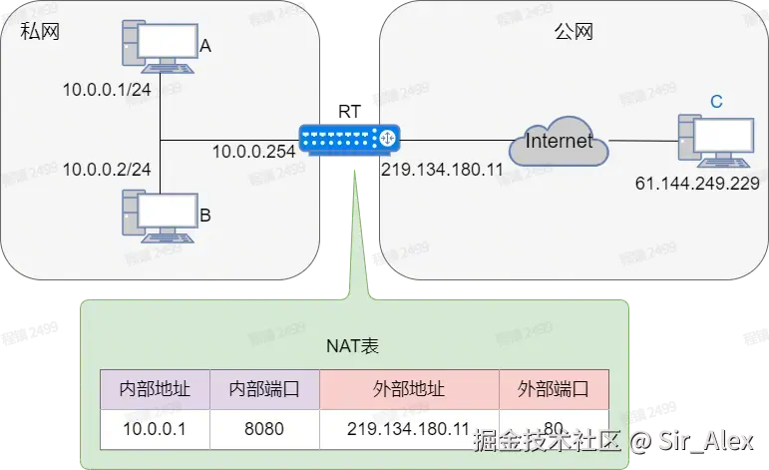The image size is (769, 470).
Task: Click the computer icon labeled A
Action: [160, 46]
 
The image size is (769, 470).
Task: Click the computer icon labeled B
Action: [160, 213]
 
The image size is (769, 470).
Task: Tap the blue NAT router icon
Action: [349, 140]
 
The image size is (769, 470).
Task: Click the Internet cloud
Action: [559, 143]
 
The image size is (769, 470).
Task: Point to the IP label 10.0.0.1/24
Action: [106, 90]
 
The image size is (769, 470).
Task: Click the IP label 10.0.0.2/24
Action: [106, 169]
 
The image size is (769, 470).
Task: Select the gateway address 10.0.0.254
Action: [253, 152]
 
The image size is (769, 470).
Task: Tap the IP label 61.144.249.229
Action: [697, 184]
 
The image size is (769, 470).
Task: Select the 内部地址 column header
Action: [155, 388]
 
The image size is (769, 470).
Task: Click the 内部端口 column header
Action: [264, 388]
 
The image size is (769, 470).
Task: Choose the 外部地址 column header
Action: [408, 388]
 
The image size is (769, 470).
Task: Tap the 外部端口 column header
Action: [553, 388]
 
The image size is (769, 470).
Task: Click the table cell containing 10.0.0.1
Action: [155, 428]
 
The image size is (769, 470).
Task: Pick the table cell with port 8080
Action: [264, 428]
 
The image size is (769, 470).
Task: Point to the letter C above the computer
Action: [716, 101]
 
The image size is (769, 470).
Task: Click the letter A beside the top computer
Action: [205, 46]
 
